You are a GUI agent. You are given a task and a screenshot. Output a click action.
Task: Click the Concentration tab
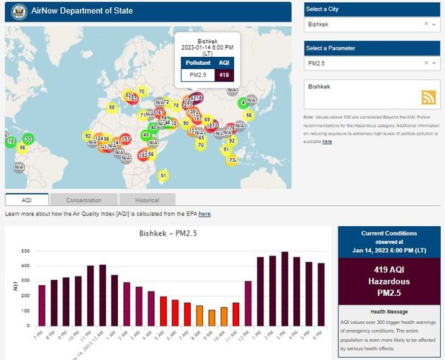(x=84, y=200)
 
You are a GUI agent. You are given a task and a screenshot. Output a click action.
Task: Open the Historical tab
(x=147, y=200)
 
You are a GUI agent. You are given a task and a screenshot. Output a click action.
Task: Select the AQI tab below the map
(x=27, y=200)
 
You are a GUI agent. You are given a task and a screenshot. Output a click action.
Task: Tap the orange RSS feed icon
(x=428, y=98)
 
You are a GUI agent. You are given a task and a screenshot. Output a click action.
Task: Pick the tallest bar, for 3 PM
(x=284, y=288)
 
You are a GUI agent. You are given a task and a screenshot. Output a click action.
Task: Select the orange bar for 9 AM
(x=212, y=318)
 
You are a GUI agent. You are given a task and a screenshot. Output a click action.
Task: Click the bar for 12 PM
(x=248, y=302)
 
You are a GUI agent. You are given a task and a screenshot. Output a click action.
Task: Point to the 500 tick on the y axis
(x=24, y=251)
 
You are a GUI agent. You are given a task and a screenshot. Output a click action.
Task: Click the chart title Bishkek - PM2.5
(x=168, y=234)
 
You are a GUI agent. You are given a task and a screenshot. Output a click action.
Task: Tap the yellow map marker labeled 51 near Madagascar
(x=163, y=176)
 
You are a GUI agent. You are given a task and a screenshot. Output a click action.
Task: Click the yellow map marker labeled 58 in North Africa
(x=112, y=107)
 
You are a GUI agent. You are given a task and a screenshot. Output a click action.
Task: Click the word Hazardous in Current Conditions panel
(x=389, y=282)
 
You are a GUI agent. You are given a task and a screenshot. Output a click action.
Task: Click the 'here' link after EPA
(x=204, y=215)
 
